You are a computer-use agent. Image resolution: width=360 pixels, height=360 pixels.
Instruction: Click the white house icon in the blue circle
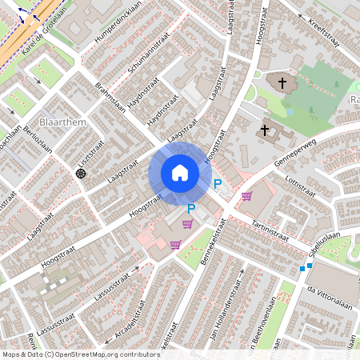click(180, 173)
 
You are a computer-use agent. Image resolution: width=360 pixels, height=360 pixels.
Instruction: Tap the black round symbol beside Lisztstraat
click(80, 174)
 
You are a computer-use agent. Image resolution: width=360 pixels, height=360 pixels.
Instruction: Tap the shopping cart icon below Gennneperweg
click(247, 196)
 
